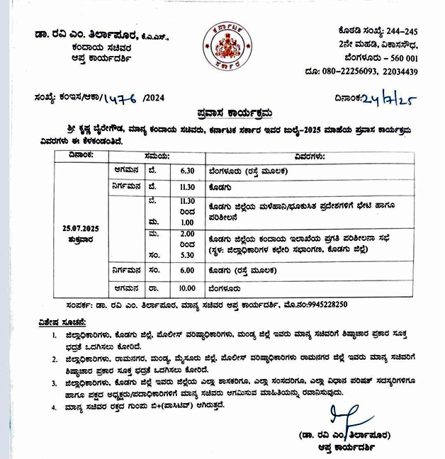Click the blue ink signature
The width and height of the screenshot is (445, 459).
coord(347,419)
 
